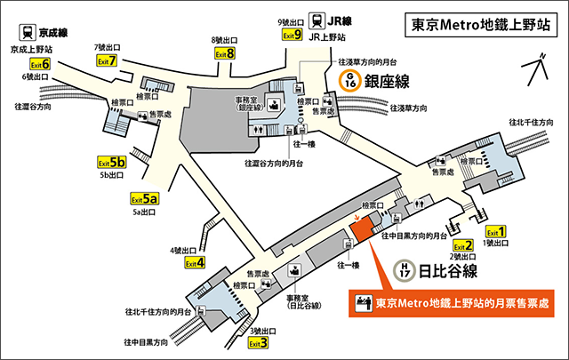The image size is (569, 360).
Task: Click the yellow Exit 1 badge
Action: [495, 232]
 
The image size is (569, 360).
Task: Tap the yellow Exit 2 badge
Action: [462, 246]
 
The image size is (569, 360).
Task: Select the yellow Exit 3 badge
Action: [258, 342]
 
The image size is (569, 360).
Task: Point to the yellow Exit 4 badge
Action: [195, 263]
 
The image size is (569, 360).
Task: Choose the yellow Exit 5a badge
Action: [144, 199]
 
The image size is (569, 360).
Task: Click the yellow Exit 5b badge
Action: [111, 164]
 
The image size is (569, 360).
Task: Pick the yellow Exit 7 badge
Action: [225, 53]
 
